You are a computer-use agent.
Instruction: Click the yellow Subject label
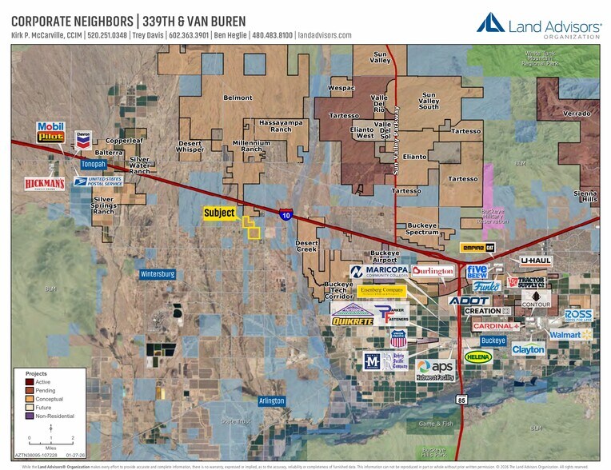pos(220,213)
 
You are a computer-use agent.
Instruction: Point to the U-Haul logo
pos(536,261)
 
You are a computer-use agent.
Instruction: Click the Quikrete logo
pos(352,321)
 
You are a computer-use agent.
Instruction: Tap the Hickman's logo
pos(44,184)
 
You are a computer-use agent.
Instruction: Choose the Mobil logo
pos(50,126)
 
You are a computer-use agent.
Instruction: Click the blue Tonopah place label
pos(94,164)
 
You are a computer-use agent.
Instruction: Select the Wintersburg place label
pos(157,274)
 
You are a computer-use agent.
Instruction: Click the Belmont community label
pos(238,98)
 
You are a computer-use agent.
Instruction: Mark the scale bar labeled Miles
pos(50,432)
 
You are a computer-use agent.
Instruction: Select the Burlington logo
pos(433,271)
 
